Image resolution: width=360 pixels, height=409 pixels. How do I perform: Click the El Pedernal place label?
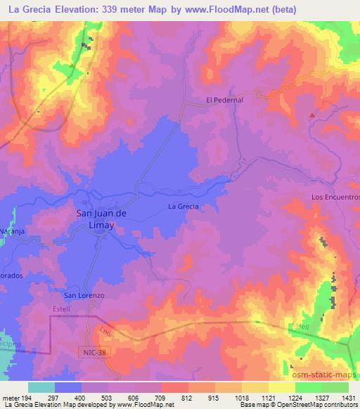224,100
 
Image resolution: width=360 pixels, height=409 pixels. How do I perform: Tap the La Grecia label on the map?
184,206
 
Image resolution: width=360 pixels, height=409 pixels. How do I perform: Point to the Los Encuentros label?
335,197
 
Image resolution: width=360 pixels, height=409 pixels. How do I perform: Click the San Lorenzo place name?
84,295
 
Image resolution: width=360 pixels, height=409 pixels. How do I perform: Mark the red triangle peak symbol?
312,114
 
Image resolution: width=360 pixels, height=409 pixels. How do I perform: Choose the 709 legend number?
160,398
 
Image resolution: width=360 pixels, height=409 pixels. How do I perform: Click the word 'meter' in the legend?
12,398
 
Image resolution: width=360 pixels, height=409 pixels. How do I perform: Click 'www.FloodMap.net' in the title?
231,10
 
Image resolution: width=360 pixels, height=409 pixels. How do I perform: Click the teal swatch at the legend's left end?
41,387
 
